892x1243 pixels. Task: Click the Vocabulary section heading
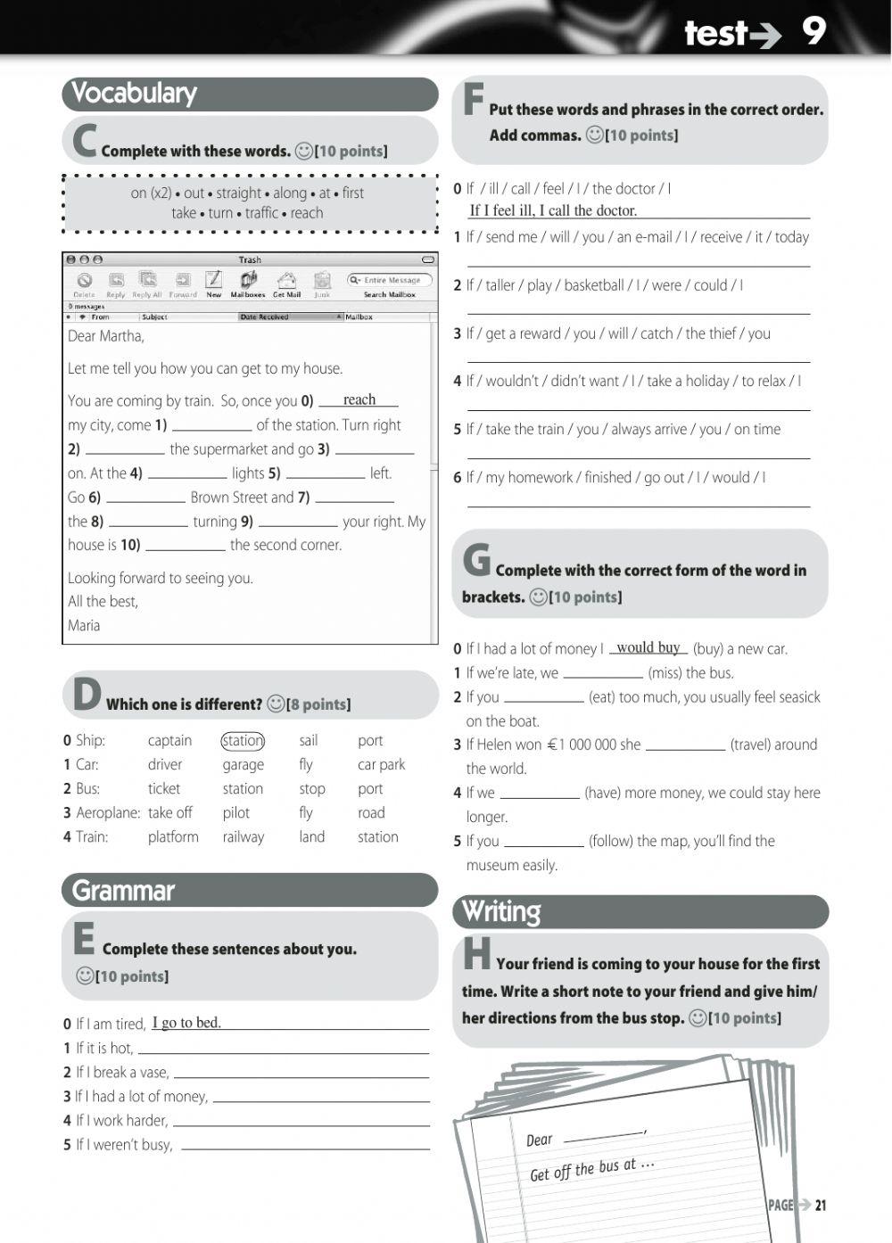click(x=134, y=93)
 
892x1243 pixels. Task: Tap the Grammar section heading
click(x=123, y=890)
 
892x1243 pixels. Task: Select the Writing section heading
click(x=501, y=911)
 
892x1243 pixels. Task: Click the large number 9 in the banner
click(x=813, y=31)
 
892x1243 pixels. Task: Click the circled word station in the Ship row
click(x=243, y=740)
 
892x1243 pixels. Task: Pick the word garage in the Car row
click(x=243, y=764)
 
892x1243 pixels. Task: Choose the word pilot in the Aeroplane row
click(x=235, y=812)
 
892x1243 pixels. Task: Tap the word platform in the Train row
click(x=173, y=836)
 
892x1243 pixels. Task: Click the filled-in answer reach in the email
click(x=359, y=399)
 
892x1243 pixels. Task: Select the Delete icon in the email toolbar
click(x=84, y=282)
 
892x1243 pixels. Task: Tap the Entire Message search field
click(x=390, y=280)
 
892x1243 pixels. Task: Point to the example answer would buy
click(x=648, y=647)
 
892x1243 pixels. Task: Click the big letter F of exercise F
click(x=474, y=100)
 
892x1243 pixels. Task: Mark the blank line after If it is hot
click(x=283, y=1049)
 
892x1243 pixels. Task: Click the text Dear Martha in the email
click(x=105, y=336)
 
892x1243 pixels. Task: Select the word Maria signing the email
click(x=84, y=625)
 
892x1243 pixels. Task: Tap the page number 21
click(x=821, y=1205)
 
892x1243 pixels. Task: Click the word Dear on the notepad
click(x=539, y=1140)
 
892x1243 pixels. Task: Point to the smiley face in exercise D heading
click(x=276, y=704)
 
